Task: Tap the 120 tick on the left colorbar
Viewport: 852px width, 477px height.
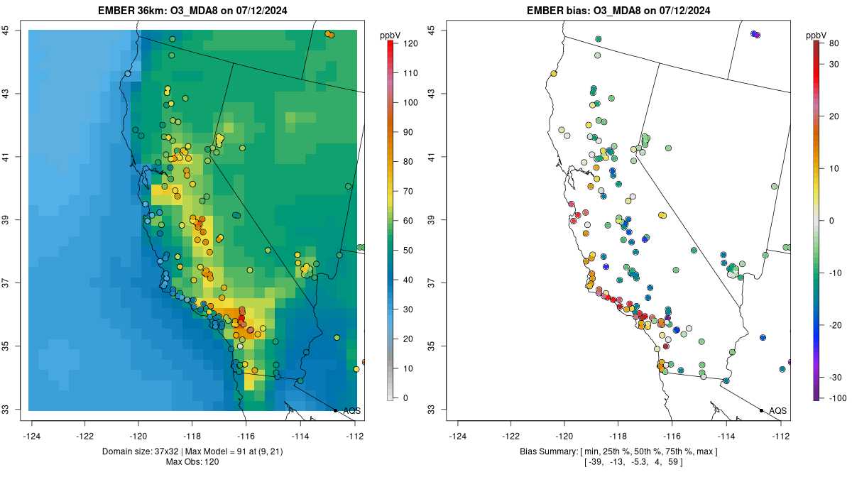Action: click(410, 43)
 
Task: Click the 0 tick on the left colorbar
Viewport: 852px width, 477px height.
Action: click(405, 397)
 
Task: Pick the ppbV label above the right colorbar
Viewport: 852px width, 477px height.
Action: click(817, 35)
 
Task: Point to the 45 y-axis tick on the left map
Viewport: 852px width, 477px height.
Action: click(6, 31)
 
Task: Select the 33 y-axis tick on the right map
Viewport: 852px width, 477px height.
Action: click(431, 410)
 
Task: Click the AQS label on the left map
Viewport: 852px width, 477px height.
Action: click(351, 411)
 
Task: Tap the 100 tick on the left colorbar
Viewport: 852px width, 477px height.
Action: click(410, 102)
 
